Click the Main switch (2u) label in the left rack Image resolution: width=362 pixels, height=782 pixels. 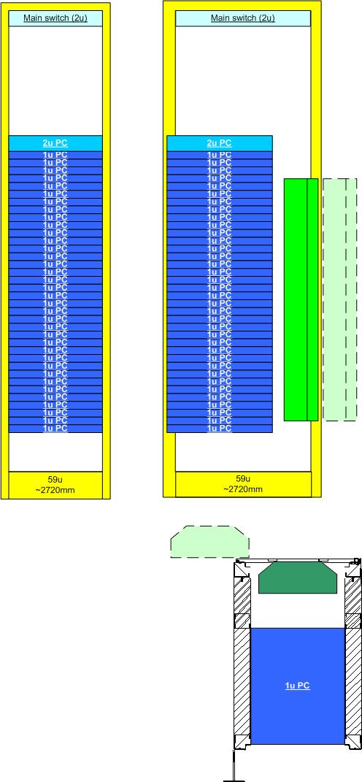coord(55,18)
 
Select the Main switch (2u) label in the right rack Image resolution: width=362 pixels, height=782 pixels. coord(243,18)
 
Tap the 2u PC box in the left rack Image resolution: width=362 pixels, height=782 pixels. coord(55,143)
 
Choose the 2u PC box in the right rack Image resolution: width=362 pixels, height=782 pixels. coord(220,143)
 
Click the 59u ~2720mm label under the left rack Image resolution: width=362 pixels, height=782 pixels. coord(55,485)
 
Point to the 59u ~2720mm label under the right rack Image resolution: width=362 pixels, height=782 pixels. coord(243,484)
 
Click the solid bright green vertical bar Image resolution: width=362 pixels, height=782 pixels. coord(301,299)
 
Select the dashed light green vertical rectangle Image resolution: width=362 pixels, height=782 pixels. coord(339,299)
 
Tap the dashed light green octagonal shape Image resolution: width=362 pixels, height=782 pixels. coord(210,542)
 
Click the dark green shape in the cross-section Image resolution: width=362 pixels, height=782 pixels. coord(298,578)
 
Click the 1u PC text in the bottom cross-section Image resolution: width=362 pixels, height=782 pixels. coord(298,686)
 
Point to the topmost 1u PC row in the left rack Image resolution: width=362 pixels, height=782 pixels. coord(55,155)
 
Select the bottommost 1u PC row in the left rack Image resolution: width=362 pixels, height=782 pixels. coord(55,429)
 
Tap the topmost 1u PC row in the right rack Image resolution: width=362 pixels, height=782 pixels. coord(220,155)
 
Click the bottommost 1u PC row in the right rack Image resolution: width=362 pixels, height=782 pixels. coord(220,429)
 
